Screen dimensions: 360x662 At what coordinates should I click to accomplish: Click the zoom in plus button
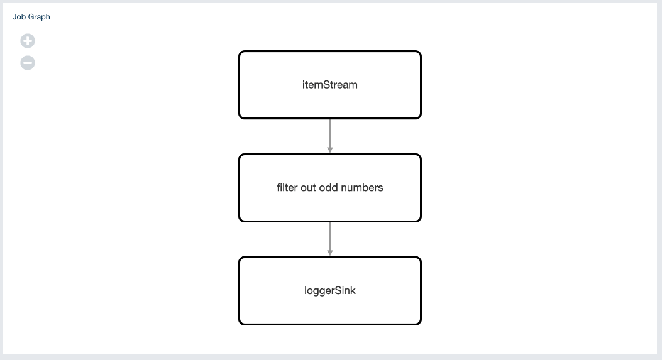tap(28, 41)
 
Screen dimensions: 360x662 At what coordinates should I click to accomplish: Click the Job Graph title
tap(31, 17)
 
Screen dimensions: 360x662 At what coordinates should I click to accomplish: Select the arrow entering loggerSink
tap(329, 237)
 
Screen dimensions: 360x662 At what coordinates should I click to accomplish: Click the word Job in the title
tap(19, 17)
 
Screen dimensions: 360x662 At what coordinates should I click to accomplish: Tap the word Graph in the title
tap(39, 17)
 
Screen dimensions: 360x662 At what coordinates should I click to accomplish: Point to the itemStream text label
tap(329, 85)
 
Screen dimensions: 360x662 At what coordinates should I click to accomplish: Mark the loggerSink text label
tap(329, 290)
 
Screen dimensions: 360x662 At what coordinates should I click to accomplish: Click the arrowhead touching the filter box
tap(329, 150)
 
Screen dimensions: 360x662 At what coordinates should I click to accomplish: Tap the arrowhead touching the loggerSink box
tap(329, 253)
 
